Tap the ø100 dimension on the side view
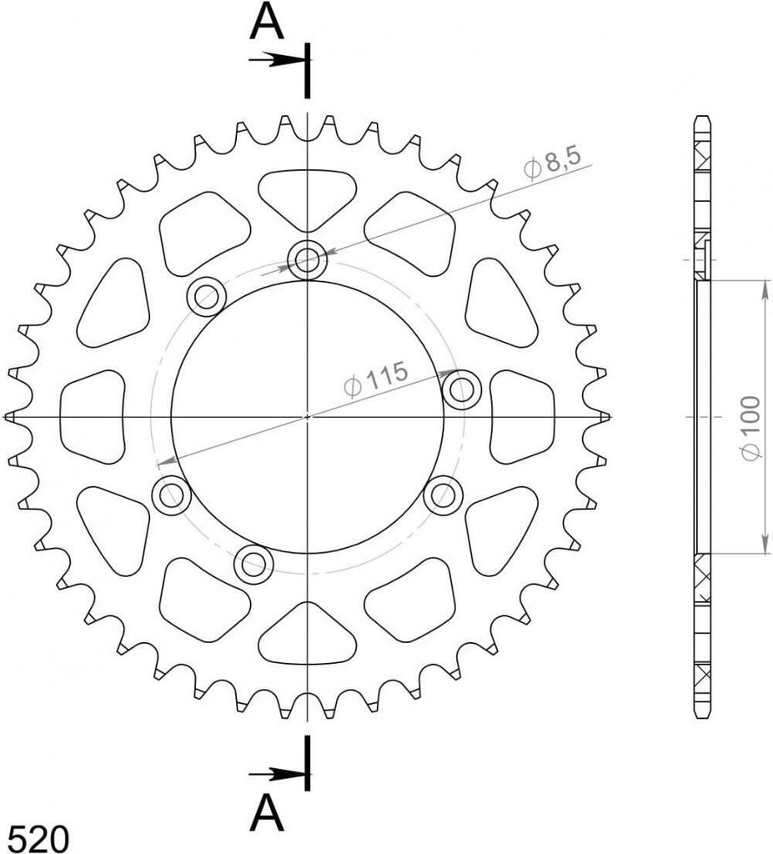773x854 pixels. click(751, 428)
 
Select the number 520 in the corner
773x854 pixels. click(39, 837)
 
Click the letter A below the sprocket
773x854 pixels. click(266, 812)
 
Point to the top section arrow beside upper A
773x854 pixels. click(276, 59)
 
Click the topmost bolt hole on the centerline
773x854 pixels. click(307, 259)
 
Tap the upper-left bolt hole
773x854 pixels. click(207, 296)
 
